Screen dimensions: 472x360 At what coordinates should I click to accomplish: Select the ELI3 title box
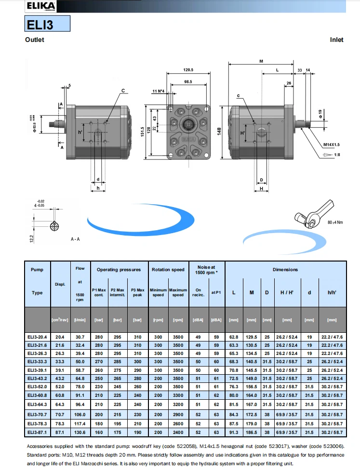pos(47,24)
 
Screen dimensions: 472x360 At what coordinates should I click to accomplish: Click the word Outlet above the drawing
pos(34,40)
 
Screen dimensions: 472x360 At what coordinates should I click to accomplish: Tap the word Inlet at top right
pos(336,40)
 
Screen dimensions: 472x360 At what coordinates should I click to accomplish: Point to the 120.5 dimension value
pos(188,70)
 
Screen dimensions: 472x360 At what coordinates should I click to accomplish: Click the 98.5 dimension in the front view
pos(188,82)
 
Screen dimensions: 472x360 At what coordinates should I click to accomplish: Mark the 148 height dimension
pos(219,131)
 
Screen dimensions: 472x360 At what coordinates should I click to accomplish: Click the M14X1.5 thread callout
pos(332,144)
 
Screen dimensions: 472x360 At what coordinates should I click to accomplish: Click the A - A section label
pos(76,239)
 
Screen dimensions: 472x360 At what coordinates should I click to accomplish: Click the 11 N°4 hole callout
pos(158,91)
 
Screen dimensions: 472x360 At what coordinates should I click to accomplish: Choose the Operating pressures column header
pos(119,270)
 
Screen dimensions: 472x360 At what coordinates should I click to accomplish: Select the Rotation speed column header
pos(168,270)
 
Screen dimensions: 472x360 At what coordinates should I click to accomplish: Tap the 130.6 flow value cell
pos(80,433)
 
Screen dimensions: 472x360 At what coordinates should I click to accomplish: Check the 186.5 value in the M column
pos(251,433)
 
